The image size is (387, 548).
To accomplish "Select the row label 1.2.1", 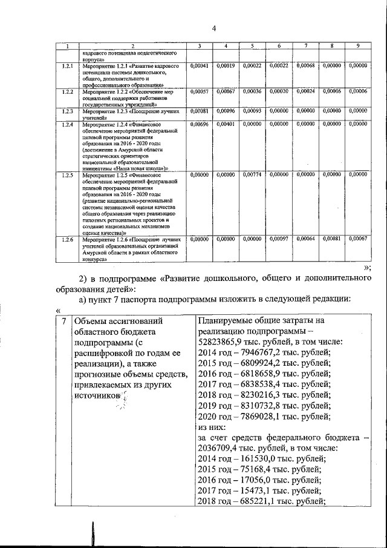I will click(x=67, y=65).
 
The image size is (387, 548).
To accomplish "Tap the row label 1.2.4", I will click(x=67, y=124).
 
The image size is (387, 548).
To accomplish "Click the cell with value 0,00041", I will click(x=199, y=65).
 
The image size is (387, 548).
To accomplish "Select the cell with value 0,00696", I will click(x=199, y=124).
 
